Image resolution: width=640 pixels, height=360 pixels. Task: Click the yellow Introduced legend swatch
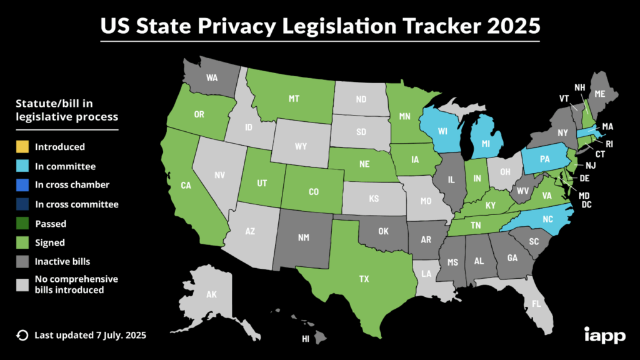tap(22, 147)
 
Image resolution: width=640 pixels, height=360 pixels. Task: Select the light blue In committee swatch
tap(22, 167)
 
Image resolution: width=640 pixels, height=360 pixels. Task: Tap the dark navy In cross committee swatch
tap(22, 204)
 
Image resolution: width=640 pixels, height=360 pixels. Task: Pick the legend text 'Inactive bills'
tap(61, 261)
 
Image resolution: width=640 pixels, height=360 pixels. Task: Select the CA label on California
tap(186, 185)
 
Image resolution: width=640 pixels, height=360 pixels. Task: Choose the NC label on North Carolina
tap(547, 219)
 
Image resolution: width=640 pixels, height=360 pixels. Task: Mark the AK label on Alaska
tap(211, 294)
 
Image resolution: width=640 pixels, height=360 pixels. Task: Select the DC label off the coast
tap(586, 204)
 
